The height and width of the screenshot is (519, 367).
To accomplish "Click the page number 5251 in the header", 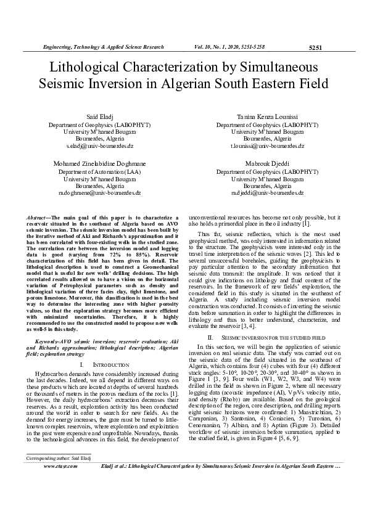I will (315, 47).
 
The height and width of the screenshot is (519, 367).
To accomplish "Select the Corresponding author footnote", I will (54, 493).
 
